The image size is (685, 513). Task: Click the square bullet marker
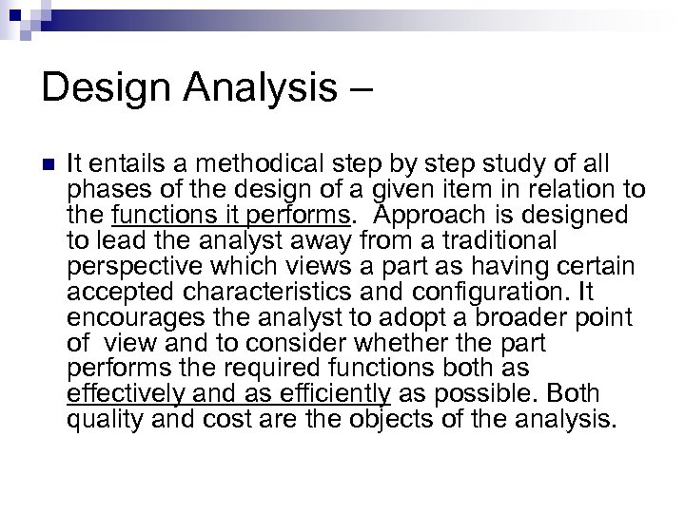coord(48,163)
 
